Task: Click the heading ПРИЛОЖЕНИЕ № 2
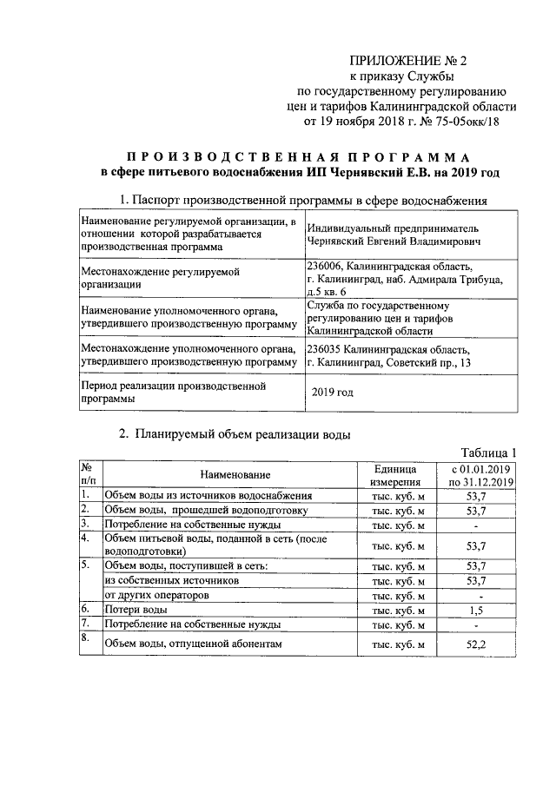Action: [x=407, y=61]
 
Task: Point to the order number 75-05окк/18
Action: [x=466, y=122]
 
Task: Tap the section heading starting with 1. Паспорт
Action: [x=303, y=201]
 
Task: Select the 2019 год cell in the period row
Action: [x=333, y=393]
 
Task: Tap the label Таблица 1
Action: [x=489, y=452]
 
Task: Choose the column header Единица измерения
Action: [x=398, y=475]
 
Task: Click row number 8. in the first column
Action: [x=86, y=638]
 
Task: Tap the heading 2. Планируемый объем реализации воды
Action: [x=235, y=434]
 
